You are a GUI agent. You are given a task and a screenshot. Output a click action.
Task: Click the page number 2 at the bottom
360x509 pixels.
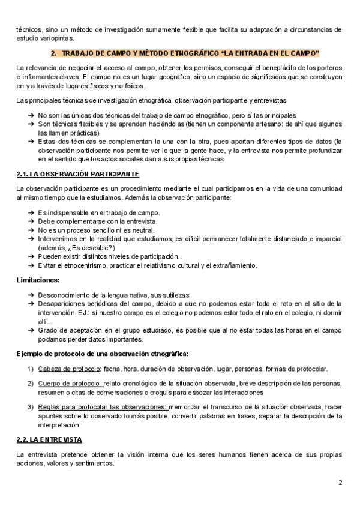coord(340,483)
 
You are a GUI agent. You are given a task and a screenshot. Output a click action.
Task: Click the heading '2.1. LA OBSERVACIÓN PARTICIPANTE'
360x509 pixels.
coord(78,174)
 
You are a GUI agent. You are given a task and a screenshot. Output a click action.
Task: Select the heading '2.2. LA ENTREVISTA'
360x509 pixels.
coord(49,440)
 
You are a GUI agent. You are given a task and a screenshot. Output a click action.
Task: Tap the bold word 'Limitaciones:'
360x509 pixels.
coord(38,280)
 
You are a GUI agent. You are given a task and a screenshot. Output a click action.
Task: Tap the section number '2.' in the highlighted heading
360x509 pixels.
coord(55,53)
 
